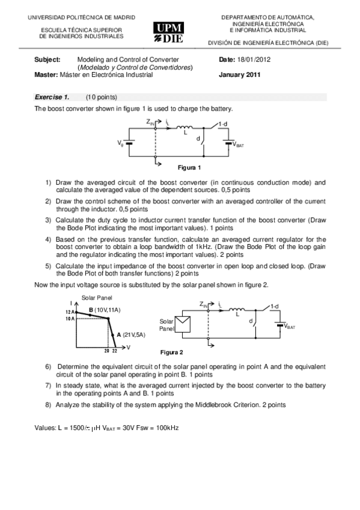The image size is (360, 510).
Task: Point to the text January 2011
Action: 240,75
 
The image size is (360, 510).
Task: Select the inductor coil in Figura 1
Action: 184,127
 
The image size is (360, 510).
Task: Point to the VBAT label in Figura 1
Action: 238,145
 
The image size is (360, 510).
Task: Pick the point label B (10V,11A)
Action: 105,310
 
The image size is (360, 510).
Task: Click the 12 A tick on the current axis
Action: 70,312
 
